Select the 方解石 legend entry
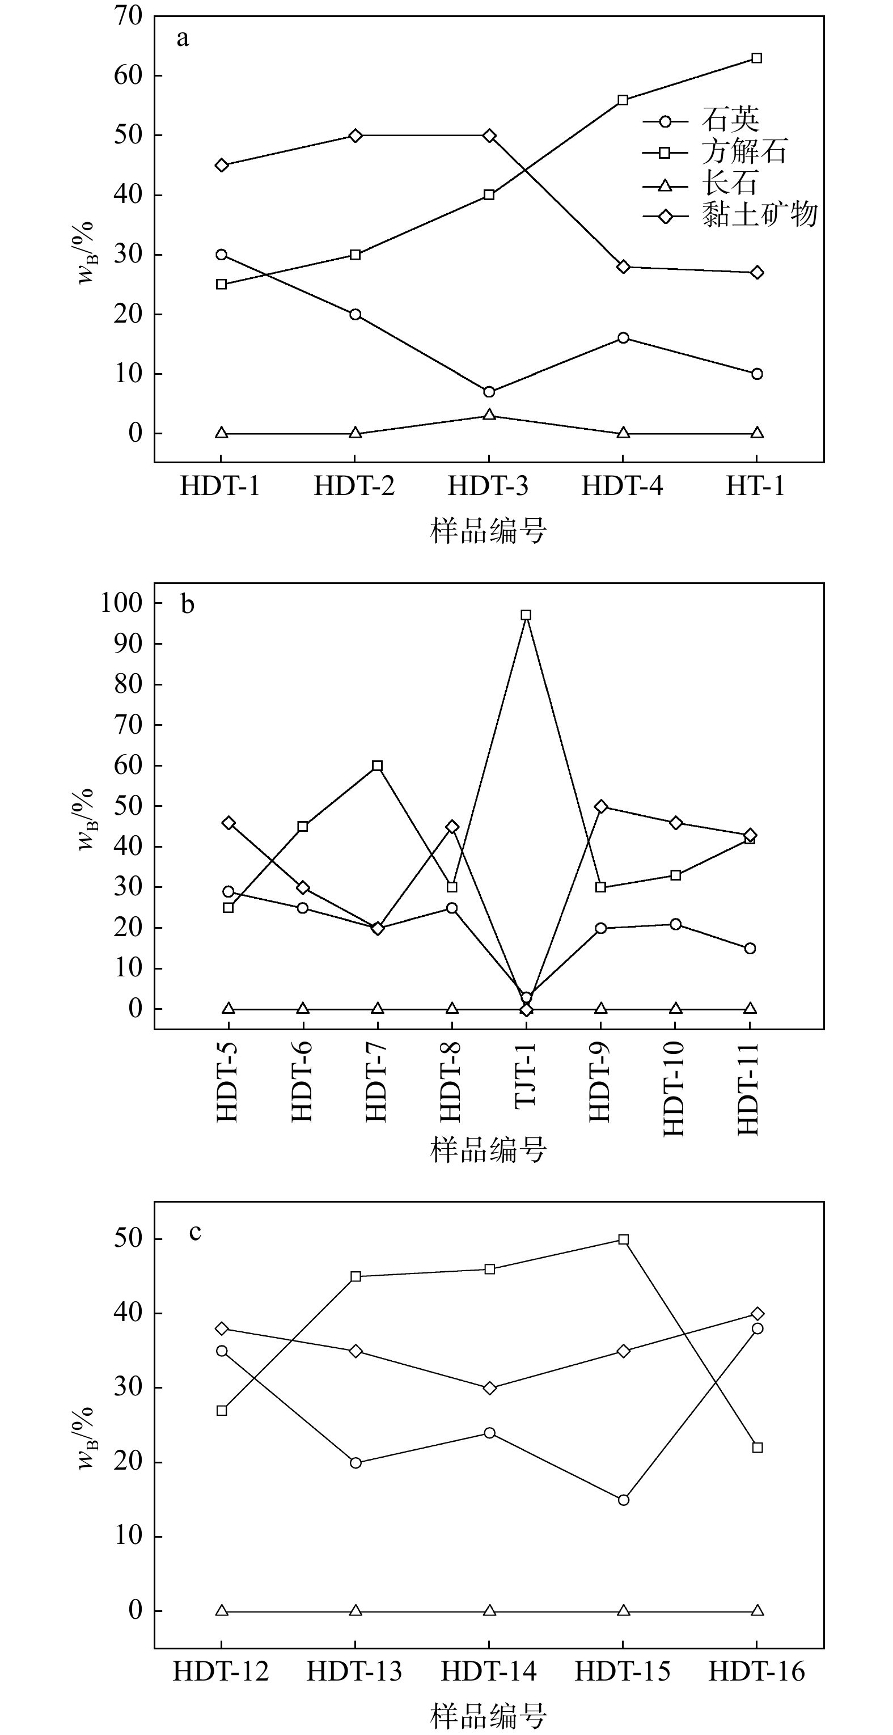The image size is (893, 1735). [744, 152]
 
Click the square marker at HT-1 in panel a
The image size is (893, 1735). [757, 58]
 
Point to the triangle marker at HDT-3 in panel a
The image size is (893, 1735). [490, 415]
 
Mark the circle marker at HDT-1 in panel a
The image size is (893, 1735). [222, 255]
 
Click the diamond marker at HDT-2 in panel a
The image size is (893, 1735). [355, 136]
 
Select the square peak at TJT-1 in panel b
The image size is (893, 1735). [527, 615]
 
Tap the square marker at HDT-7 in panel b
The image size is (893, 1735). [377, 766]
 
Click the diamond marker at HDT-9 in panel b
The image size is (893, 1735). [601, 806]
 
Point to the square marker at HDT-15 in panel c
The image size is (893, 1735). [624, 1239]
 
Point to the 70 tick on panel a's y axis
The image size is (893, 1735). [129, 16]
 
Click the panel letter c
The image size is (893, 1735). [195, 1233]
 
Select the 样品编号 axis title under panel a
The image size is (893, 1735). [488, 531]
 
